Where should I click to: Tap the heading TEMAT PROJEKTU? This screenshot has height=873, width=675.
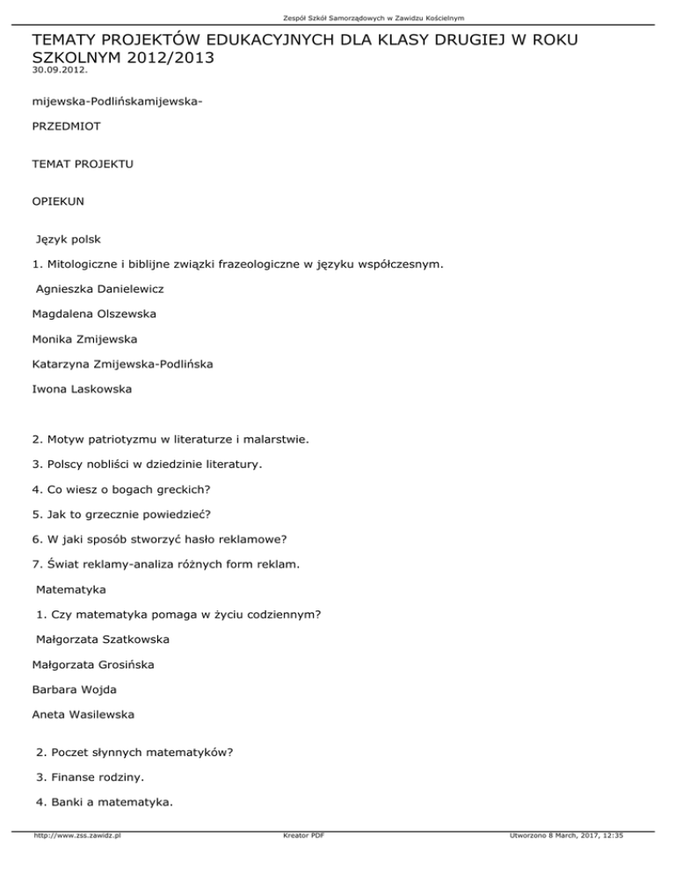82,164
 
